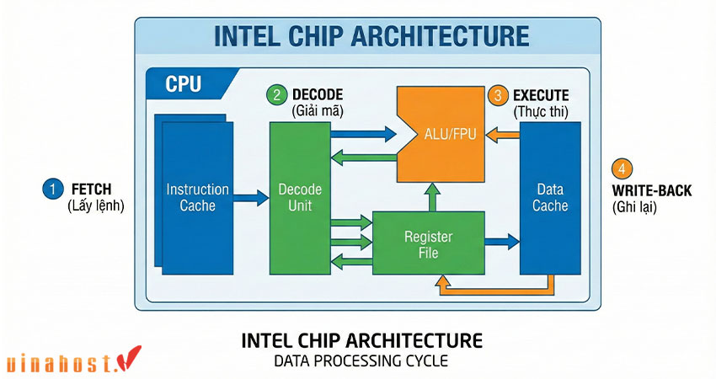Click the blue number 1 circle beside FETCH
pyautogui.click(x=52, y=189)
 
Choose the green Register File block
pyautogui.click(x=429, y=243)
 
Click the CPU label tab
pyautogui.click(x=183, y=84)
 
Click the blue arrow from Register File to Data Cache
pyautogui.click(x=502, y=243)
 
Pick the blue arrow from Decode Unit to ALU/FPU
pyautogui.click(x=364, y=133)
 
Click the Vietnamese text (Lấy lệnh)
pyautogui.click(x=95, y=206)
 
